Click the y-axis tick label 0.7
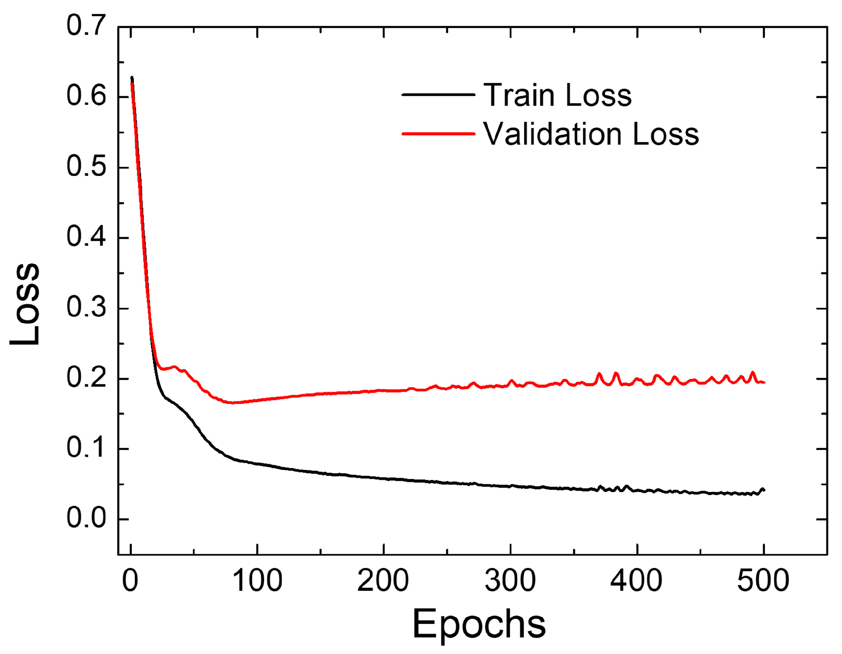tap(86, 26)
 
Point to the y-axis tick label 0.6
tap(86, 96)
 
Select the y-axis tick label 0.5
tap(86, 167)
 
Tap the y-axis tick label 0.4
tap(86, 237)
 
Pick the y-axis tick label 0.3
tap(86, 308)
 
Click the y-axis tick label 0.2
tap(86, 378)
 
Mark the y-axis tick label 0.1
tap(86, 448)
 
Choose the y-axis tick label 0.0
tap(86, 518)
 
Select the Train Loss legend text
tap(557, 95)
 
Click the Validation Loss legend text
tap(591, 134)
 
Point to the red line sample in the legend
tap(438, 134)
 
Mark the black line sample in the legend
tap(438, 94)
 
